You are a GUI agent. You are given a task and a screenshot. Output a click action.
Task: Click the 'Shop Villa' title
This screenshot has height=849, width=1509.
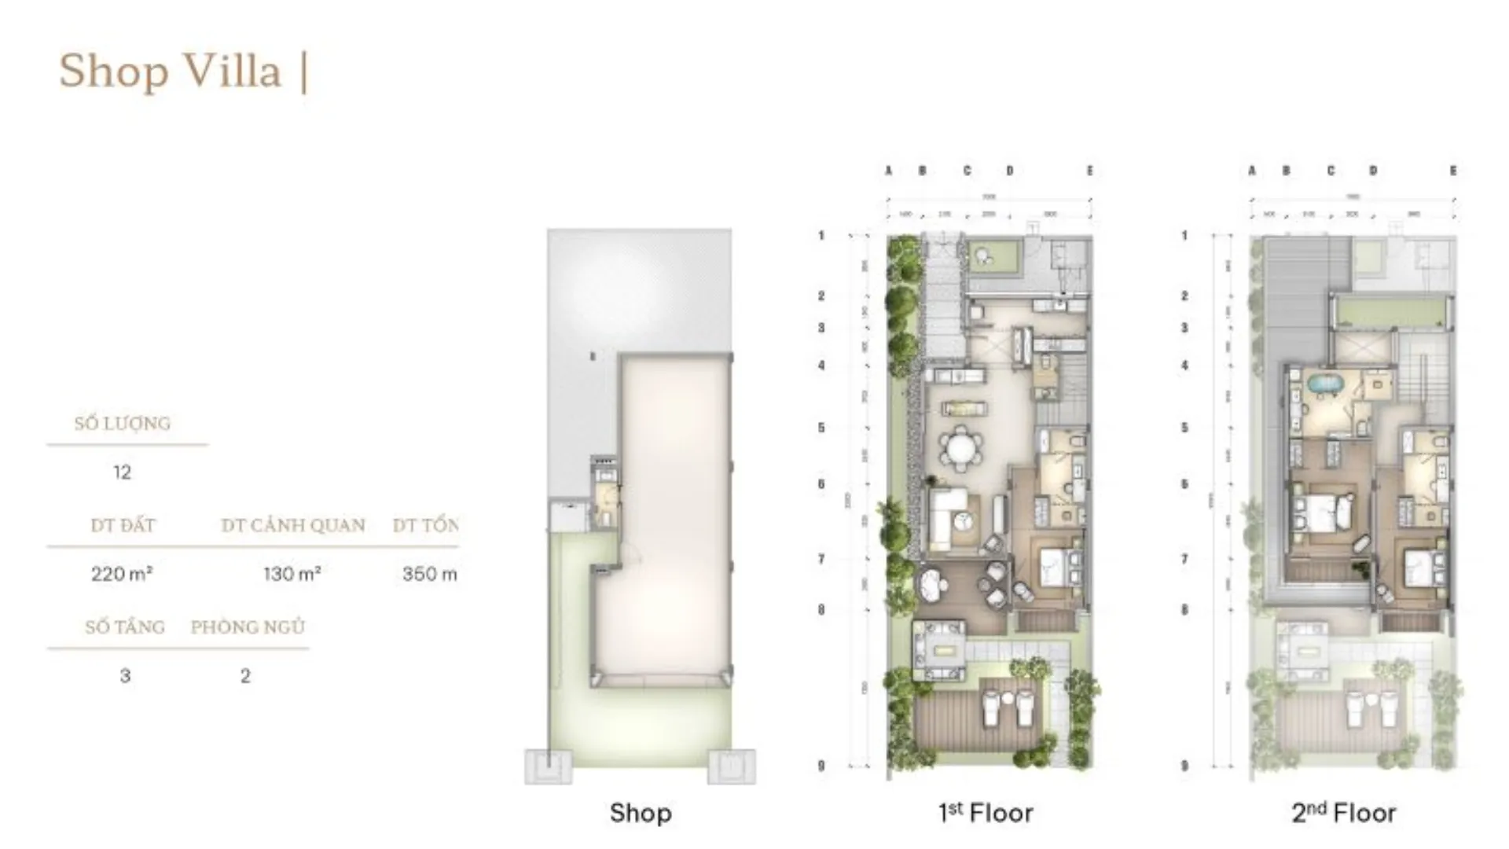click(170, 71)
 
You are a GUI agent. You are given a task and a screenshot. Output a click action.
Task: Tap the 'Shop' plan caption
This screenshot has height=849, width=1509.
click(641, 813)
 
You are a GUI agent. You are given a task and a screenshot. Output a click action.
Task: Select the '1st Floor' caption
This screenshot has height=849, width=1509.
click(986, 813)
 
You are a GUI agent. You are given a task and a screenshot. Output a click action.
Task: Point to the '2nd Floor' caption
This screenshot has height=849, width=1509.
click(1344, 813)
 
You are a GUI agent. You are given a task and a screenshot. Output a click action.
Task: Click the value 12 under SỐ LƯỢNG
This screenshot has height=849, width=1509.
click(122, 472)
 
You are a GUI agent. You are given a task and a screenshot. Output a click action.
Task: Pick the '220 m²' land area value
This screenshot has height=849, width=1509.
click(122, 574)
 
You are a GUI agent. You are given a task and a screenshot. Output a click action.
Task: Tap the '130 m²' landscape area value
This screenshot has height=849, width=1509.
click(292, 574)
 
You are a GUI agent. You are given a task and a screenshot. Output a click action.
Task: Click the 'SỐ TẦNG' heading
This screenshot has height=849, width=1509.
click(125, 627)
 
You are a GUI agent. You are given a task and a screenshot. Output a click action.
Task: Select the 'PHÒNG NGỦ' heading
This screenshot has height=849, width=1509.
click(248, 627)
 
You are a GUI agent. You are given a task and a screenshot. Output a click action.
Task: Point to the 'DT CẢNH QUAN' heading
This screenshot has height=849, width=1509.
click(293, 525)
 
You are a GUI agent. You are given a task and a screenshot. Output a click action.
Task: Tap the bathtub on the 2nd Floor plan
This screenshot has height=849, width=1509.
click(1325, 388)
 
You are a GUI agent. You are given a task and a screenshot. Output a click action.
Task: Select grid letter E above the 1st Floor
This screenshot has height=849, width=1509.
click(1090, 171)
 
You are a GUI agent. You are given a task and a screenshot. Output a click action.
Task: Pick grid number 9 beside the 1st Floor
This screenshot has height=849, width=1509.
click(821, 765)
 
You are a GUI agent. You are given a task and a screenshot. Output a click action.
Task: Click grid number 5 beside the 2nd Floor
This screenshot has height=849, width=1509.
click(1184, 428)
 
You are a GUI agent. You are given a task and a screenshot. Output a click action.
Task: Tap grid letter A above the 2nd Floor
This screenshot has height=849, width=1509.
click(1252, 171)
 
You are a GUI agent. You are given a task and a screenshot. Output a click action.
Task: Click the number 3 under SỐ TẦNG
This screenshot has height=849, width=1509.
click(125, 676)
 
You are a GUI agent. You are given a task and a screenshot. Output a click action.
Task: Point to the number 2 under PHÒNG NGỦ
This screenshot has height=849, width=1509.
click(245, 676)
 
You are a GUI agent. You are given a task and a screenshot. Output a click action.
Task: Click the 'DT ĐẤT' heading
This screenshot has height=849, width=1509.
click(123, 525)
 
